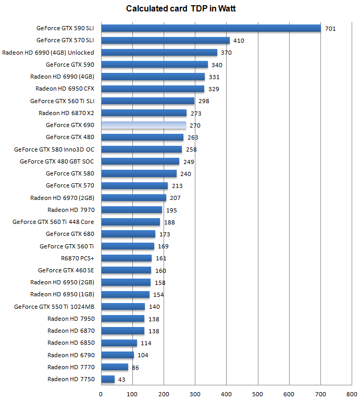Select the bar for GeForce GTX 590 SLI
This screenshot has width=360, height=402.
210,28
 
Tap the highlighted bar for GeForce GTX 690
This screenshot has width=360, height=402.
143,125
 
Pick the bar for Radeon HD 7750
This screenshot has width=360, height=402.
108,379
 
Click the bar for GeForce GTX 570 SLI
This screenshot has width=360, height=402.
165,40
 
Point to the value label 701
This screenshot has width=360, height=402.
330,29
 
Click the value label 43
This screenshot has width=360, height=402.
122,380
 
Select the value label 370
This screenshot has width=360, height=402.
226,53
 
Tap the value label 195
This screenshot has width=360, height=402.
171,210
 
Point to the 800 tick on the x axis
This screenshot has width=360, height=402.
352,394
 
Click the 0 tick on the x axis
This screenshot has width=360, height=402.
101,394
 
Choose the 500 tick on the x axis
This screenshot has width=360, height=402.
257,394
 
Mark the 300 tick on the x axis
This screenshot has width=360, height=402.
195,394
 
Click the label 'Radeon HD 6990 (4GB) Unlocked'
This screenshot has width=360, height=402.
48,53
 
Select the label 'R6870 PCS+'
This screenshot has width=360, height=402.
77,258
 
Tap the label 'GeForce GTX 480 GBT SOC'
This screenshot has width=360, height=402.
57,161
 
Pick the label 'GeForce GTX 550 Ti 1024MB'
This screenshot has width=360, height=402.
54,307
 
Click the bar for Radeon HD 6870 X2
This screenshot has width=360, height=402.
143,112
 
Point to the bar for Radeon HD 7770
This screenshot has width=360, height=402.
114,367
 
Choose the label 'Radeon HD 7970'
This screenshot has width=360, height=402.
71,210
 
